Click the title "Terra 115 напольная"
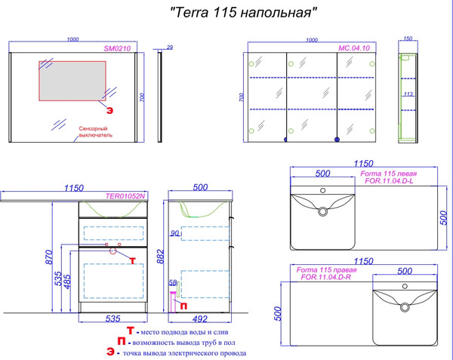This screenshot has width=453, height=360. click(x=241, y=13)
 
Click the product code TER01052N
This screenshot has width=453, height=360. click(x=125, y=195)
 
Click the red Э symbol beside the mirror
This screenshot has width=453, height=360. click(x=110, y=110)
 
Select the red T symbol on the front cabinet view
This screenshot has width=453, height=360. click(x=134, y=260)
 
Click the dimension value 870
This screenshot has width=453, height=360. click(x=48, y=256)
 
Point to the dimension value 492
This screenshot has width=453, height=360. click(x=200, y=320)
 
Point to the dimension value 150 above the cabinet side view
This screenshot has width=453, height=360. click(x=408, y=39)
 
